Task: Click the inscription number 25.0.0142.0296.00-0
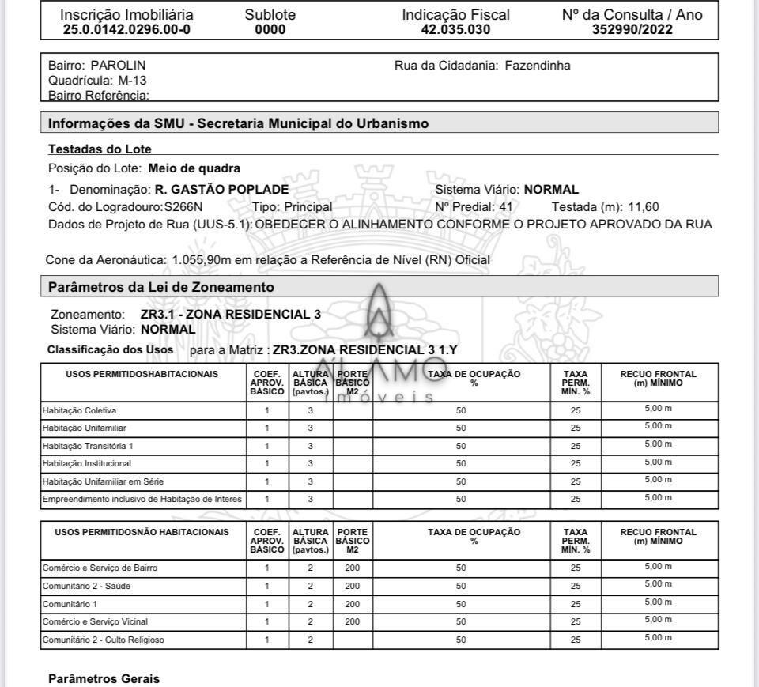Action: click(x=126, y=30)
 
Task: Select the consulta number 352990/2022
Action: click(x=632, y=30)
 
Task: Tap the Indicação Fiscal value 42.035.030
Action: click(x=455, y=30)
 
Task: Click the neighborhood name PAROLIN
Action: click(x=118, y=66)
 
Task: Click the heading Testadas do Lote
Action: click(x=100, y=149)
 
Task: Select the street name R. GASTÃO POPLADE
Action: click(x=221, y=190)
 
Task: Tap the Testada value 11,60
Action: click(x=644, y=207)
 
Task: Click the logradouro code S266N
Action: click(x=183, y=207)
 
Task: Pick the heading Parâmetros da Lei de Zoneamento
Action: click(x=161, y=286)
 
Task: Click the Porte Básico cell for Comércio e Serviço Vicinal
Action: click(x=353, y=622)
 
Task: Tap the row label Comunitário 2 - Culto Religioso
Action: click(x=103, y=640)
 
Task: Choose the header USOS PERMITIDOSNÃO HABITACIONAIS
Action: click(x=142, y=533)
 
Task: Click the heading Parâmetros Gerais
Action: click(x=104, y=678)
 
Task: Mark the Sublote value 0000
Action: click(x=270, y=30)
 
